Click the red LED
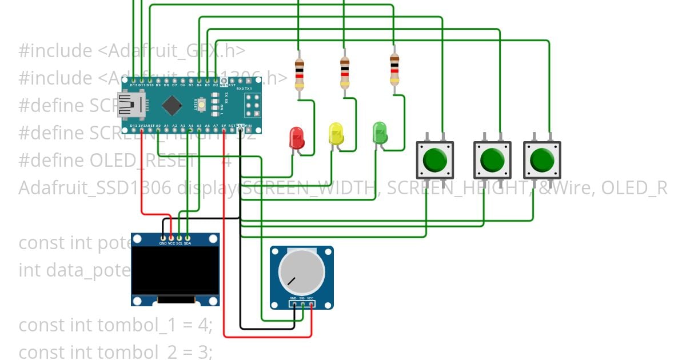297,138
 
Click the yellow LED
336,134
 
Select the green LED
380,133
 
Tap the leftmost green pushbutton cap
435,160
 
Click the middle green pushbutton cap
492,160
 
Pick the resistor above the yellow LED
344,71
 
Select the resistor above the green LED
394,69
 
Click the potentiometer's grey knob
301,271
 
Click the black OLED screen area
175,270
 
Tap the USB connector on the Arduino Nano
131,105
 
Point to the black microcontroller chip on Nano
171,105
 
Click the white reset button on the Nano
201,106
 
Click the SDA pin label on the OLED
188,243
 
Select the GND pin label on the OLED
163,243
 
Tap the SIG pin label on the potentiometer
302,298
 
